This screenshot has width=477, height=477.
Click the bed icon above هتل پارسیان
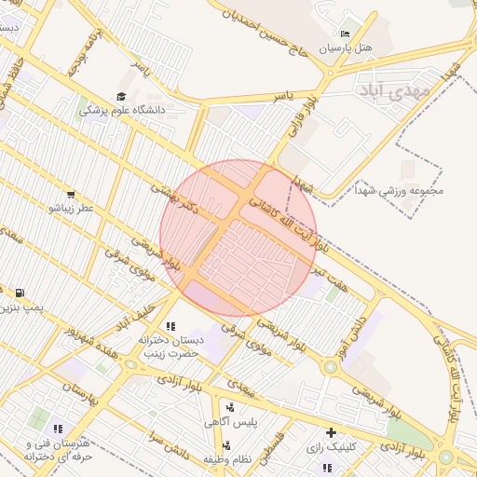pos(347,34)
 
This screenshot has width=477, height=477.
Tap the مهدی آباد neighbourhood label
pos(392,90)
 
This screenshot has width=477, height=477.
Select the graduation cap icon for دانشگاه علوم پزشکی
pos(121,96)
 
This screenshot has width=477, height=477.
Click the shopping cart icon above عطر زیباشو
pos(72,194)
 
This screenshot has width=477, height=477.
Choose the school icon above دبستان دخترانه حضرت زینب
pos(170,326)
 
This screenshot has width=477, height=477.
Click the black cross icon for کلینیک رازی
pos(331,432)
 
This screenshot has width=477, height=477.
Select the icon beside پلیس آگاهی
pos(229,407)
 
